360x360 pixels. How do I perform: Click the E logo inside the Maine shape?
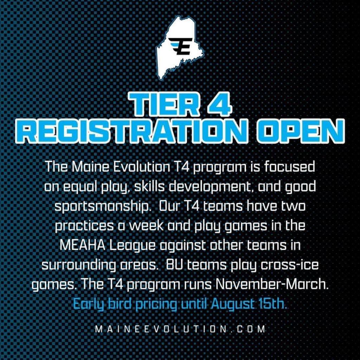coord(180,46)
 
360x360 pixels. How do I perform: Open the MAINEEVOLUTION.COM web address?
coord(180,329)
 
